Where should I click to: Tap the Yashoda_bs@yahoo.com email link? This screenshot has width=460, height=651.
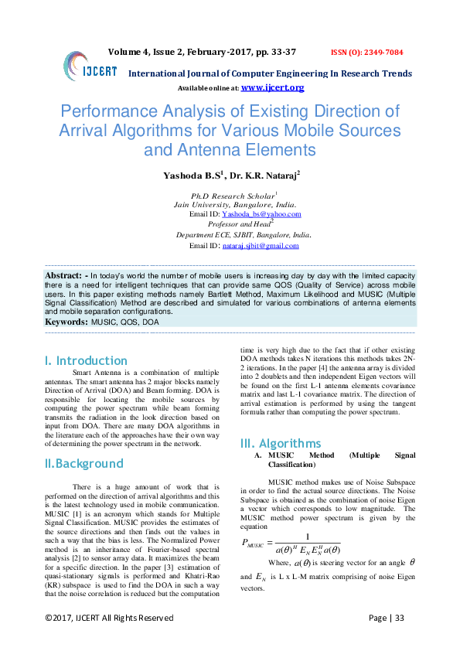pyautogui.click(x=261, y=214)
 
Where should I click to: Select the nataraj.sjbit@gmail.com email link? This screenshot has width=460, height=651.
pyautogui.click(x=260, y=246)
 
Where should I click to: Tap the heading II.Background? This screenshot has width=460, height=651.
pyautogui.click(x=83, y=463)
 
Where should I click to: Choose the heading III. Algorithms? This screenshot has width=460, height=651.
pyautogui.click(x=281, y=443)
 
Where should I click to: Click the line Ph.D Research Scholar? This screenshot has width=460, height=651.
pyautogui.click(x=233, y=195)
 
